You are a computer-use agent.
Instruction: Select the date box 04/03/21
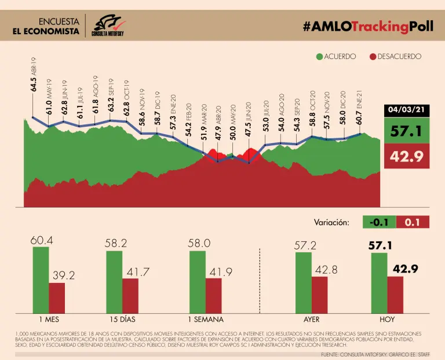[x=408, y=109]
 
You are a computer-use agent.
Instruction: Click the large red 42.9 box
[x=408, y=156]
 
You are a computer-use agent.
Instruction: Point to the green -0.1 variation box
[x=380, y=222]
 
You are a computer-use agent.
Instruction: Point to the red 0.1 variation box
[x=413, y=222]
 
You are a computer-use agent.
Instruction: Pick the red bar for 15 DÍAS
[x=130, y=295]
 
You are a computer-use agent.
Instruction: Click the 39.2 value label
[x=63, y=276]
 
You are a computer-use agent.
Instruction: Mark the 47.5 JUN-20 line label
[x=248, y=120]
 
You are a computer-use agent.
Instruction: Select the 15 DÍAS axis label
[x=123, y=319]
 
